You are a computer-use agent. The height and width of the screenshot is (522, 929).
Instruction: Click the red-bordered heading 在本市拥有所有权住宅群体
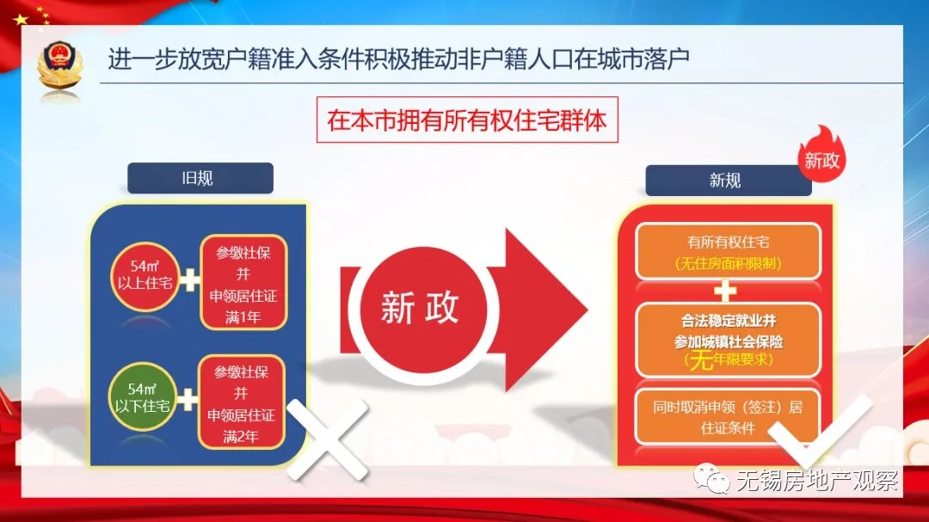pyautogui.click(x=467, y=120)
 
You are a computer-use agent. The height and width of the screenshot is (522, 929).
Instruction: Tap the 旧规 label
pyautogui.click(x=200, y=179)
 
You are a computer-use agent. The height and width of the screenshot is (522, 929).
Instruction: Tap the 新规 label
pyautogui.click(x=724, y=181)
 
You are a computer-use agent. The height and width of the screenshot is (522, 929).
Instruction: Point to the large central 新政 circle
pyautogui.click(x=420, y=308)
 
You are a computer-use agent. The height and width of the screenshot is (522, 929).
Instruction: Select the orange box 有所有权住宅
pyautogui.click(x=728, y=251)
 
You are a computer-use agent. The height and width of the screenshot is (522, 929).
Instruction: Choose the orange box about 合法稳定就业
pyautogui.click(x=728, y=339)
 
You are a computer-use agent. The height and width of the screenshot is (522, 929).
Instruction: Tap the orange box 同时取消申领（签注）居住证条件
pyautogui.click(x=728, y=417)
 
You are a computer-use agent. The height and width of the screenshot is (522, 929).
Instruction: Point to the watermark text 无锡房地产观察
pyautogui.click(x=817, y=479)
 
